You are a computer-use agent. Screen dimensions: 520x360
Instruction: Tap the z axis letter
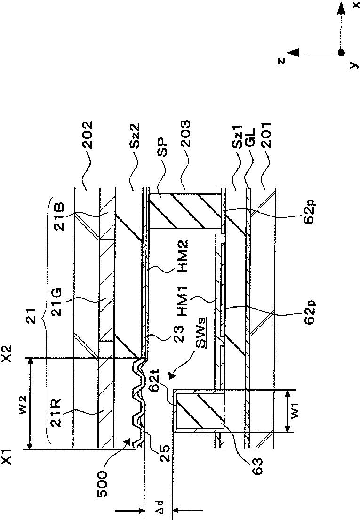[x=281, y=60]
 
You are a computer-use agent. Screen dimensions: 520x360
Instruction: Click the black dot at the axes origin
[x=341, y=52]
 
